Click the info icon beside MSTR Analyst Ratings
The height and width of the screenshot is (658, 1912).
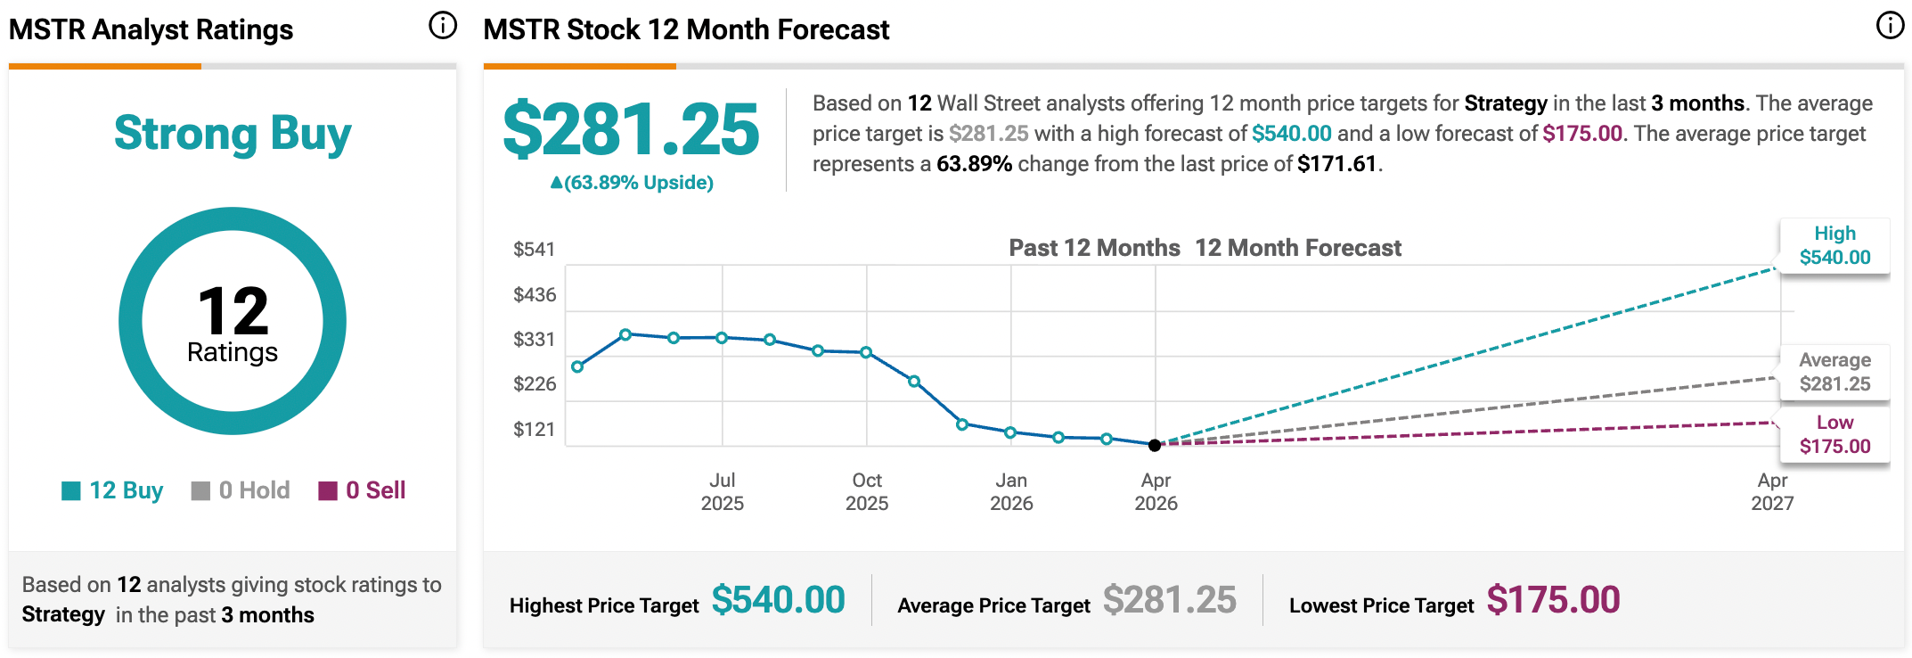pyautogui.click(x=443, y=26)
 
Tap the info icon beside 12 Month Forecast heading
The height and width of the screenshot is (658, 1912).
pyautogui.click(x=1890, y=26)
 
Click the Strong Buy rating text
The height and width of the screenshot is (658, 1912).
pyautogui.click(x=233, y=134)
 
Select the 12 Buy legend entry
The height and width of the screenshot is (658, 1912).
pyautogui.click(x=112, y=490)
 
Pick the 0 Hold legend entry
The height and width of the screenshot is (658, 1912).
pyautogui.click(x=241, y=490)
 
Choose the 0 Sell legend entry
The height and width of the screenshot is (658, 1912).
pyautogui.click(x=362, y=490)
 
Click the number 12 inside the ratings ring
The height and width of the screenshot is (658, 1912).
pyautogui.click(x=233, y=310)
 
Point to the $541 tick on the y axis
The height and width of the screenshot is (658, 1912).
pyautogui.click(x=534, y=250)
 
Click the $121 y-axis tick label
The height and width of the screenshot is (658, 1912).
pyautogui.click(x=534, y=430)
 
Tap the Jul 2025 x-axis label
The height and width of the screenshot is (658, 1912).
pyautogui.click(x=722, y=491)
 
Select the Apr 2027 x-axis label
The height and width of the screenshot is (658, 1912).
pyautogui.click(x=1772, y=491)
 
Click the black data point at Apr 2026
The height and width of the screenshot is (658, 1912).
pyautogui.click(x=1155, y=445)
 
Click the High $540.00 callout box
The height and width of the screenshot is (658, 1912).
pyautogui.click(x=1834, y=246)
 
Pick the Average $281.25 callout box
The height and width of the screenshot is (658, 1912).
pyautogui.click(x=1834, y=373)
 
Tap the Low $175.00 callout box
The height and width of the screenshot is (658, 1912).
pyautogui.click(x=1834, y=434)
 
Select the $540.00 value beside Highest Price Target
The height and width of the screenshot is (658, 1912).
pyautogui.click(x=778, y=600)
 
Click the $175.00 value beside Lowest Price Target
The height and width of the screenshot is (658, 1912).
pyautogui.click(x=1553, y=600)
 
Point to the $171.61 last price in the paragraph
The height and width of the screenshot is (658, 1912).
pyautogui.click(x=1336, y=164)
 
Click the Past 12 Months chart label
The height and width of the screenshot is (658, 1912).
pyautogui.click(x=1094, y=248)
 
